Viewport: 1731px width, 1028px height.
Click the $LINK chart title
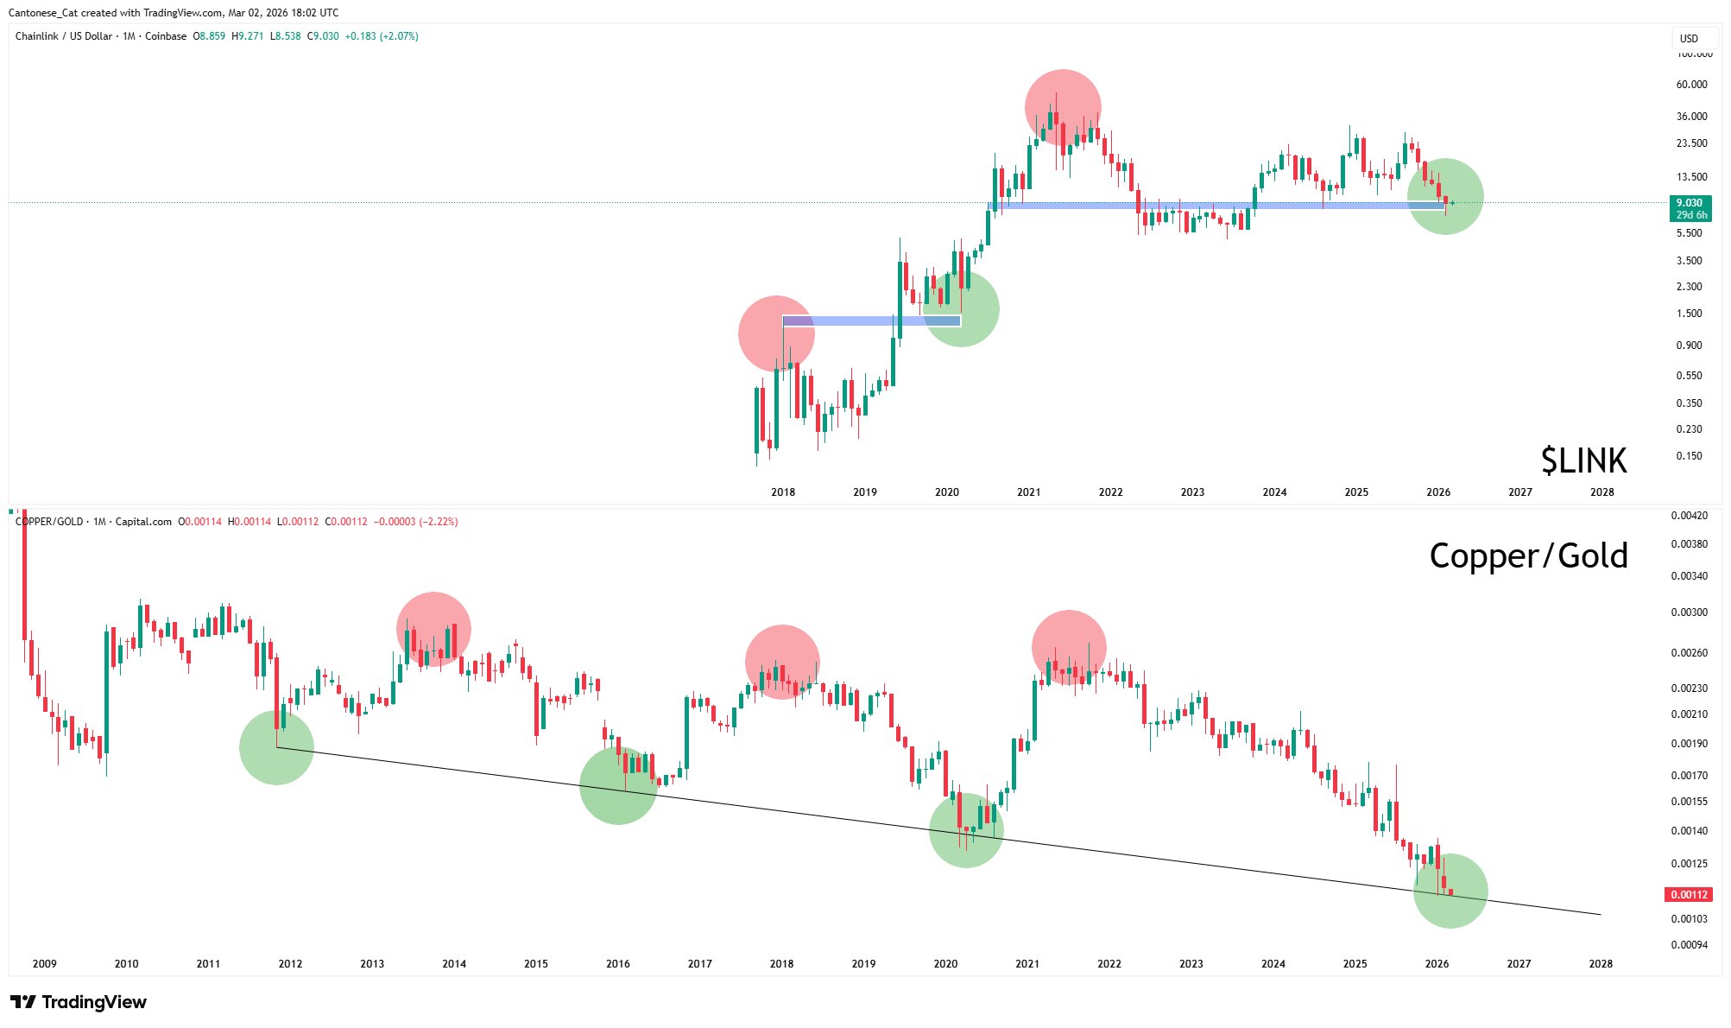[1583, 461]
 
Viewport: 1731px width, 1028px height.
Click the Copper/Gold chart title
[1528, 555]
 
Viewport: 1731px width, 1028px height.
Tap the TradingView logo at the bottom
[79, 1002]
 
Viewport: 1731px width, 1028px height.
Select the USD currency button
[1689, 38]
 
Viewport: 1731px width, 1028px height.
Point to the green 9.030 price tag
[1690, 208]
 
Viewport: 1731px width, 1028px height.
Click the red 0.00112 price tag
[1688, 895]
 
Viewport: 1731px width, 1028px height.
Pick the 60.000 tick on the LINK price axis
[1691, 85]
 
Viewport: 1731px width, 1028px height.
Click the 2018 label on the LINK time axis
[783, 492]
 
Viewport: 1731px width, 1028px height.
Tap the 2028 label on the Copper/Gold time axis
[1601, 964]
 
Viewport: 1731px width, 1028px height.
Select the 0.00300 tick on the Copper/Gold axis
[1689, 612]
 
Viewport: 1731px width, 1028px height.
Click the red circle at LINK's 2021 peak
[1063, 107]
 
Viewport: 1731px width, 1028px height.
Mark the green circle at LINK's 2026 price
[1445, 197]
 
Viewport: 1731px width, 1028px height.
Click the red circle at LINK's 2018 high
[776, 333]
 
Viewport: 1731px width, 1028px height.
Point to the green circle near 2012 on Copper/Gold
[276, 748]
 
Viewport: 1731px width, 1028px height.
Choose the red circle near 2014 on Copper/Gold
[433, 630]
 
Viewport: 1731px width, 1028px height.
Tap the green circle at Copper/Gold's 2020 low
[966, 830]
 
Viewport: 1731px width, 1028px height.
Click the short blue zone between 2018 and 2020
[871, 321]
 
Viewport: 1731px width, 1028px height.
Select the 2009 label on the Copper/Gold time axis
[45, 964]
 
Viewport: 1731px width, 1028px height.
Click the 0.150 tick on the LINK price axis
[1689, 456]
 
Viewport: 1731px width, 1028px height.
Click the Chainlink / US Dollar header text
[64, 36]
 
